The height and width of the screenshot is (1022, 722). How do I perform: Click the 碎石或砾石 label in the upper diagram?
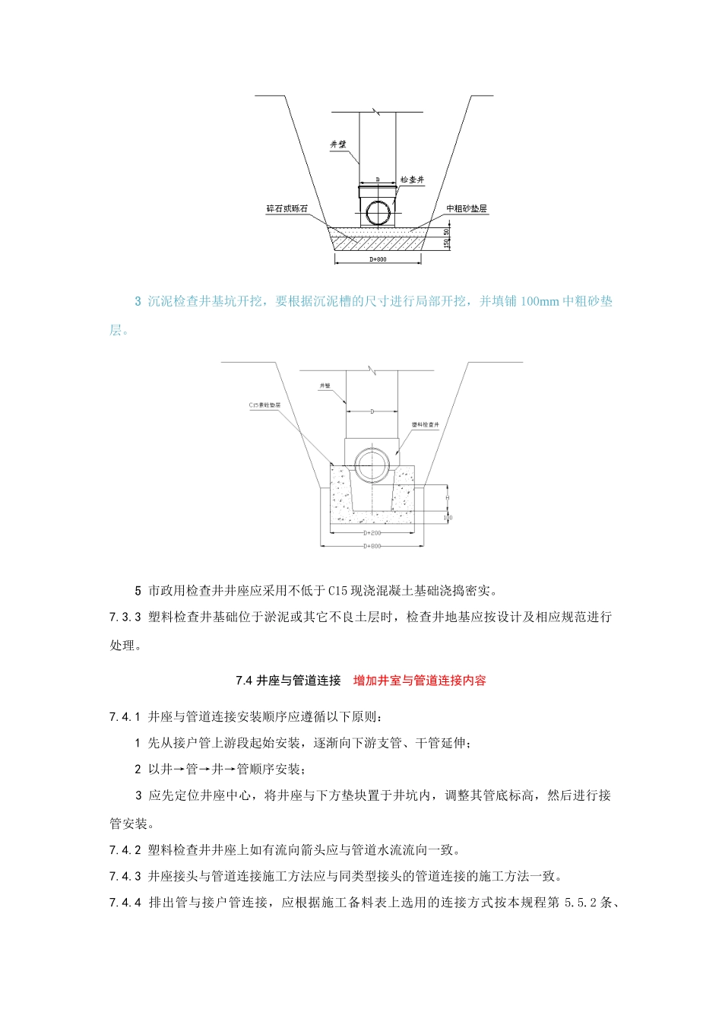[287, 208]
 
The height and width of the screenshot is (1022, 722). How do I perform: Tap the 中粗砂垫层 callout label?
[467, 208]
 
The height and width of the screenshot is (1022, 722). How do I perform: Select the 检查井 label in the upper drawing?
[413, 180]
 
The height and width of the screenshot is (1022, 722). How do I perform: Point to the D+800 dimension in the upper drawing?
[378, 259]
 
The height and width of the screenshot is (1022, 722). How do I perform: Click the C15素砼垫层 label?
[264, 405]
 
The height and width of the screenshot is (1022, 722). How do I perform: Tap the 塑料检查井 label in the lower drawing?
[426, 424]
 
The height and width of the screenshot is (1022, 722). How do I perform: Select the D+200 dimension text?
[372, 533]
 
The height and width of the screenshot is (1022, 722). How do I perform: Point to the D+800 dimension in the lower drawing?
[372, 546]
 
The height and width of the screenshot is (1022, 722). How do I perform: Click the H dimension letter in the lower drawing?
[448, 497]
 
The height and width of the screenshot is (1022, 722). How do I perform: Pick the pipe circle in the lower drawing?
[372, 462]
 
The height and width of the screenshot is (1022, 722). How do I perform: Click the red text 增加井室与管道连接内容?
[420, 681]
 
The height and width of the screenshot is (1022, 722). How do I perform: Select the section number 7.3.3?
[125, 617]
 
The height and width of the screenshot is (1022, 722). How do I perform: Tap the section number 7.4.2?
[125, 850]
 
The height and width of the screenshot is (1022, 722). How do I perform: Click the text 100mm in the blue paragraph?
[540, 301]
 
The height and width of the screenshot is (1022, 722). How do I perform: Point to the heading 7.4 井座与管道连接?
[288, 681]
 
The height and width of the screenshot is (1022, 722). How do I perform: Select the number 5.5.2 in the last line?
[581, 903]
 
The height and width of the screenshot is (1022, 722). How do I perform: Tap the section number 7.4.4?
[125, 903]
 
